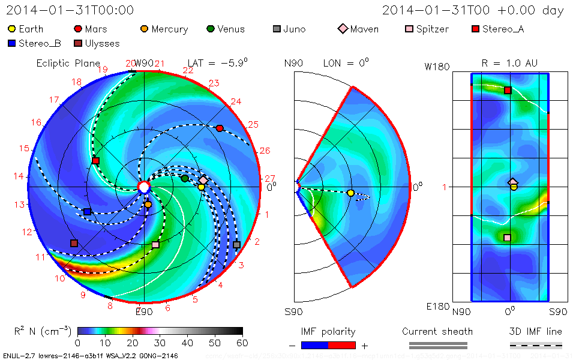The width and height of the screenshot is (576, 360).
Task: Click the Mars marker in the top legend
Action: coord(78,29)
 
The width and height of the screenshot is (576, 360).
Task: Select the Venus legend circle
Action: coord(211,29)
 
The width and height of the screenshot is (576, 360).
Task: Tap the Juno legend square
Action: coord(277,29)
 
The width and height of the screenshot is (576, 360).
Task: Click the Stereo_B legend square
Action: coord(12,43)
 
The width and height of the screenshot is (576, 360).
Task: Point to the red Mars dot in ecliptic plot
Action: coord(220,128)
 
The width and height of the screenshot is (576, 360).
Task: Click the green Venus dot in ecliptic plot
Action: coord(185,178)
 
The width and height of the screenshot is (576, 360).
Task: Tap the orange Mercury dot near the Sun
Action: coord(148,205)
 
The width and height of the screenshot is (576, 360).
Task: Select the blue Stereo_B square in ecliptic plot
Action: coord(88,212)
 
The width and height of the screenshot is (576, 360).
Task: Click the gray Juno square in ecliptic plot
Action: coord(236,245)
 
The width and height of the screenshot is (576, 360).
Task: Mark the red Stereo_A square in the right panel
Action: coord(508,91)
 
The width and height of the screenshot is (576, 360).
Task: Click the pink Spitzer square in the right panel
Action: coord(507,238)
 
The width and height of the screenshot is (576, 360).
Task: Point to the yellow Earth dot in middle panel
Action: coord(350,193)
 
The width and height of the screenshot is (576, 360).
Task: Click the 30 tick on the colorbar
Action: coord(160,343)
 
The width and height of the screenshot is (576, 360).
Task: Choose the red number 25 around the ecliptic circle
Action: coord(253,125)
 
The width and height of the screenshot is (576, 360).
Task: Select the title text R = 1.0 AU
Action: coord(509,63)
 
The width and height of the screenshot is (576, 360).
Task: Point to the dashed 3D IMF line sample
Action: coord(536,346)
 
